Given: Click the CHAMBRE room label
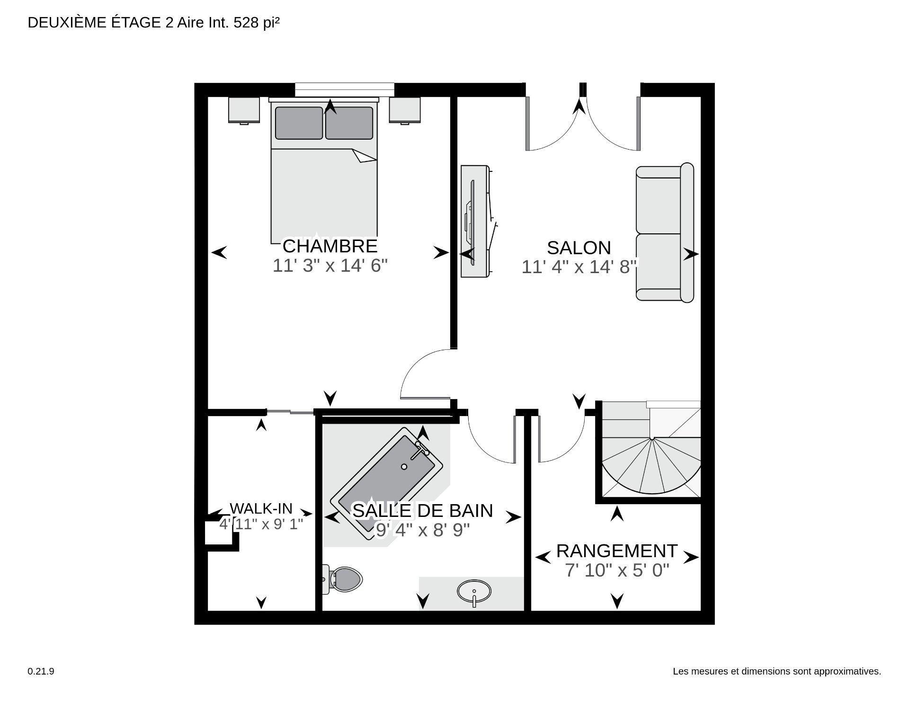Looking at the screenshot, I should (330, 246).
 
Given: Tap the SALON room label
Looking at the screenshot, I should (579, 248).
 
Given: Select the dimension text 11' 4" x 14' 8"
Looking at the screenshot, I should (579, 267).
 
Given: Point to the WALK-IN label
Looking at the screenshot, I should (261, 508).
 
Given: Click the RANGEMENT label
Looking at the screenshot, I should (616, 551).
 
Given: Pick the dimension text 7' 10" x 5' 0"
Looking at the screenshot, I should (616, 570).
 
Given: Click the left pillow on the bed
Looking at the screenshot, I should (299, 123).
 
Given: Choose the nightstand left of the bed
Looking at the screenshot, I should (244, 110).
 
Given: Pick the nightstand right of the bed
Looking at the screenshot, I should (405, 110).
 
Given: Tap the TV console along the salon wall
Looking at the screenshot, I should (474, 221).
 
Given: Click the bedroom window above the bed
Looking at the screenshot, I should (344, 89).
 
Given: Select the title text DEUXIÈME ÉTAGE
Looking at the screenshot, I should (94, 23).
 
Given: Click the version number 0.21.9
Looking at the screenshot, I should (41, 671).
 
